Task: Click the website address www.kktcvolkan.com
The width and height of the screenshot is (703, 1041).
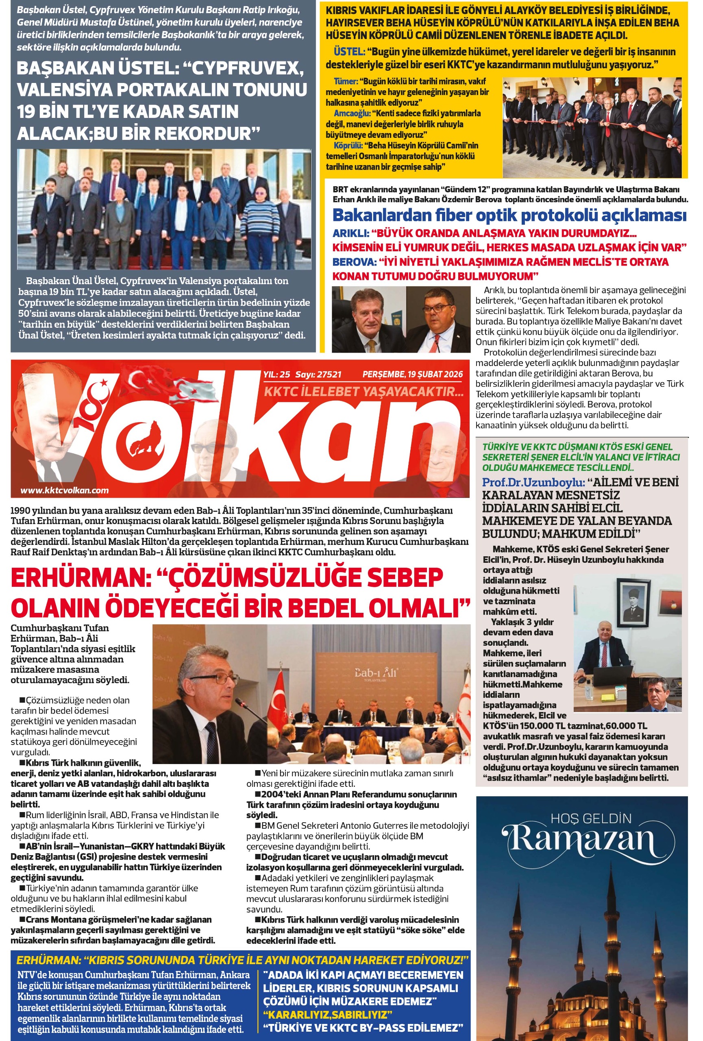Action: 65,490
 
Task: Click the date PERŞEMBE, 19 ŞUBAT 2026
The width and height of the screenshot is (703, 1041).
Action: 412,375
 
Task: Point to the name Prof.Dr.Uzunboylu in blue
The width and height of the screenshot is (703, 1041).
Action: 533,482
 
